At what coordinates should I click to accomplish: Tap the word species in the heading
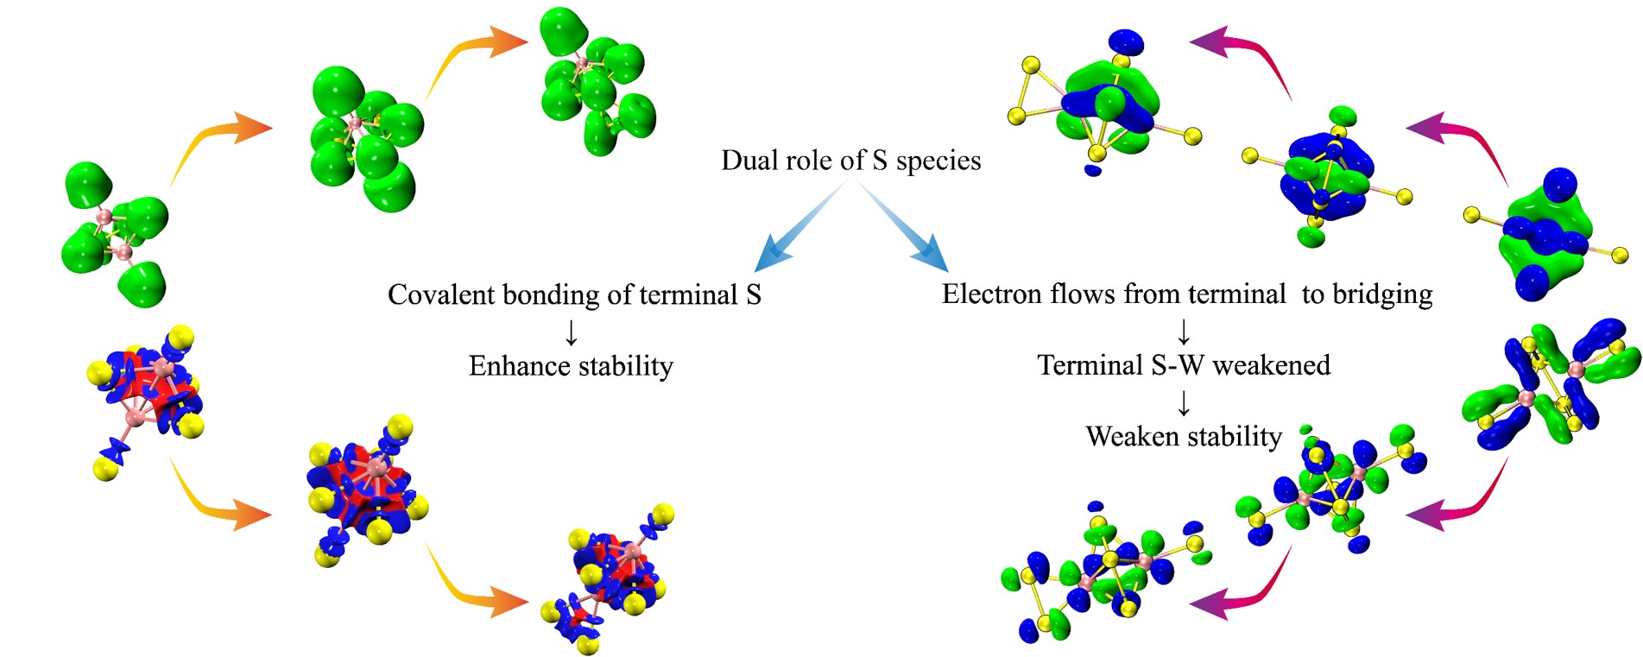click(x=938, y=162)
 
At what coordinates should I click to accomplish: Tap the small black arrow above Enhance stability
click(x=571, y=332)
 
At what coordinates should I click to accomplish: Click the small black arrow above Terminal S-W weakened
click(x=1184, y=332)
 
